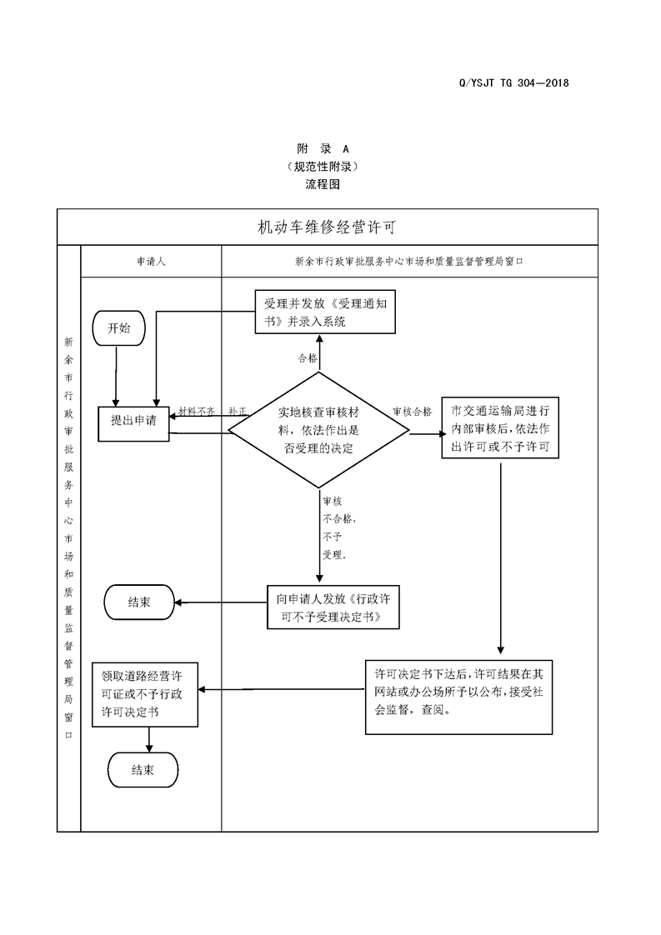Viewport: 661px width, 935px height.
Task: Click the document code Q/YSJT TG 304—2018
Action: tap(513, 82)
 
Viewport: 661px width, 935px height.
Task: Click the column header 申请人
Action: tap(151, 261)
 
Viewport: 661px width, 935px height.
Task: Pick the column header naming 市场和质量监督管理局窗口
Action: tap(408, 261)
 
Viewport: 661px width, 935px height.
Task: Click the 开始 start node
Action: tap(119, 328)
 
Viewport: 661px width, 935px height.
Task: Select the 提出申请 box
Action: tap(133, 421)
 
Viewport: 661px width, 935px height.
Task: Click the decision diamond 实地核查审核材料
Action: tap(318, 431)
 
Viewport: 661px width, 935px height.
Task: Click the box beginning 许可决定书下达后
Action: tap(458, 697)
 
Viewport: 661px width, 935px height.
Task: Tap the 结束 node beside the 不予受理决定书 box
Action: tap(139, 602)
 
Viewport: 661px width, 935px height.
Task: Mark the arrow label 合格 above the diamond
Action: tap(308, 358)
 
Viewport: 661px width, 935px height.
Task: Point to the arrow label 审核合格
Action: tap(412, 412)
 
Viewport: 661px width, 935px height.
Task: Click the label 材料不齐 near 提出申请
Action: tap(197, 412)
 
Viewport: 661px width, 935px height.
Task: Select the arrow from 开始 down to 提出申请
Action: tap(116, 375)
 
